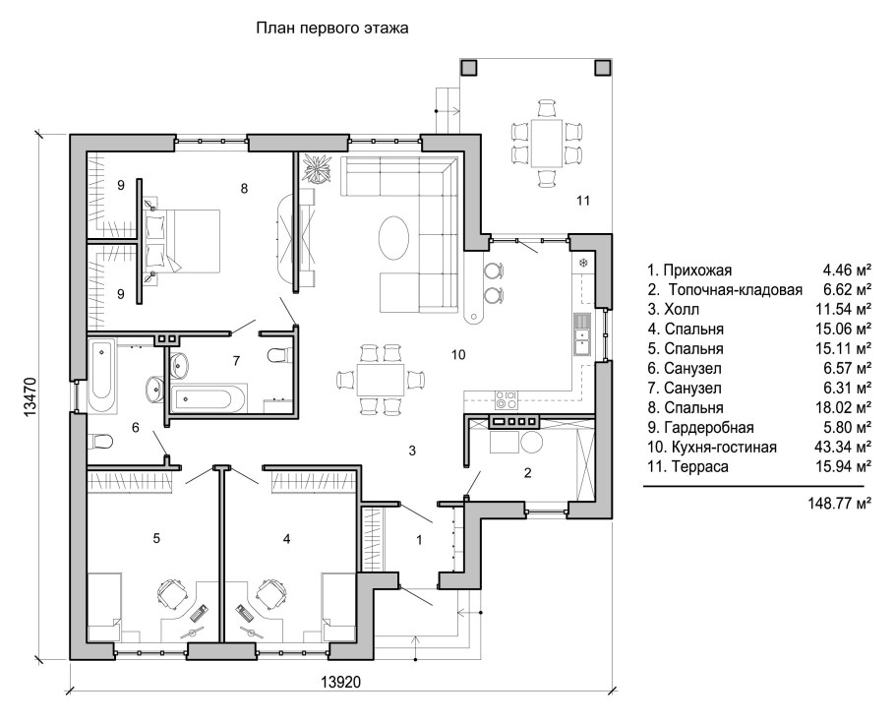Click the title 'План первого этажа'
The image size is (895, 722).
click(331, 28)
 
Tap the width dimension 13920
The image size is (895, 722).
click(340, 682)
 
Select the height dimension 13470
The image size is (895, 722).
click(30, 397)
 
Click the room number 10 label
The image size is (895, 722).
click(458, 355)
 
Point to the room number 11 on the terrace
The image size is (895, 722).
click(583, 201)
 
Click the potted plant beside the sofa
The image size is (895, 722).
click(317, 169)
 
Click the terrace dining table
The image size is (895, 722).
click(546, 142)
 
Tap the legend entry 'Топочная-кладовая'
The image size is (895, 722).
click(736, 290)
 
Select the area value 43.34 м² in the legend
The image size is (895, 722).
click(843, 447)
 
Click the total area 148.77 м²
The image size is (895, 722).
click(839, 504)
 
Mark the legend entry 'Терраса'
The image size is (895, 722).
click(700, 467)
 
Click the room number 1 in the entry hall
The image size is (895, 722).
click(420, 540)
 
